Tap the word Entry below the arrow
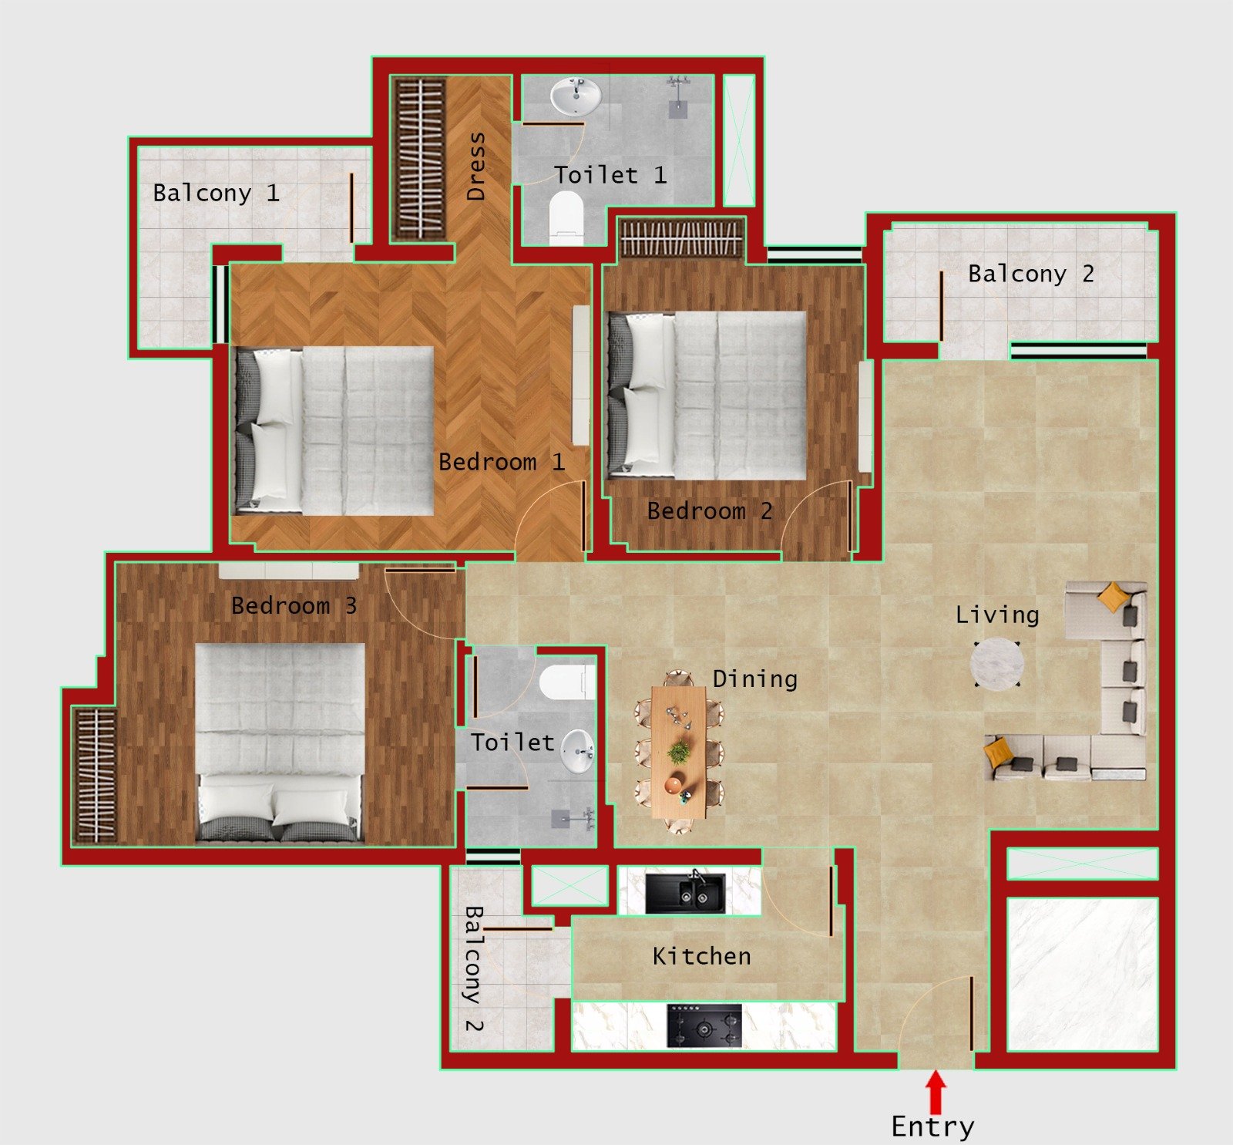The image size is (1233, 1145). click(932, 1127)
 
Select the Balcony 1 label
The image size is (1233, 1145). click(216, 193)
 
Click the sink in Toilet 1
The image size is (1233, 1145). click(575, 97)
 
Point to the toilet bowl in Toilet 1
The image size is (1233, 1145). click(566, 217)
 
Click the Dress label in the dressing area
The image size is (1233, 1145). click(477, 166)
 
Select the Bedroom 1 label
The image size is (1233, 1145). click(502, 462)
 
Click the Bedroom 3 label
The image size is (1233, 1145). click(294, 605)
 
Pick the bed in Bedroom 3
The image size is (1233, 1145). click(280, 741)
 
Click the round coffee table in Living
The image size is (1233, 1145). click(997, 663)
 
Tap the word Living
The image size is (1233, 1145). click(997, 615)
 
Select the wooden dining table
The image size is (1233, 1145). click(678, 752)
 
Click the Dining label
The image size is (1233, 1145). click(754, 679)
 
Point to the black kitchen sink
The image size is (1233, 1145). click(685, 893)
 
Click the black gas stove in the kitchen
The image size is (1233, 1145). click(704, 1026)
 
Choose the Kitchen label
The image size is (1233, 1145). click(701, 956)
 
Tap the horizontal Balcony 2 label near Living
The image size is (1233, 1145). click(1030, 274)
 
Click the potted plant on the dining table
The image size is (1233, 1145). click(679, 751)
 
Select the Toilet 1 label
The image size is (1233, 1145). click(610, 175)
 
